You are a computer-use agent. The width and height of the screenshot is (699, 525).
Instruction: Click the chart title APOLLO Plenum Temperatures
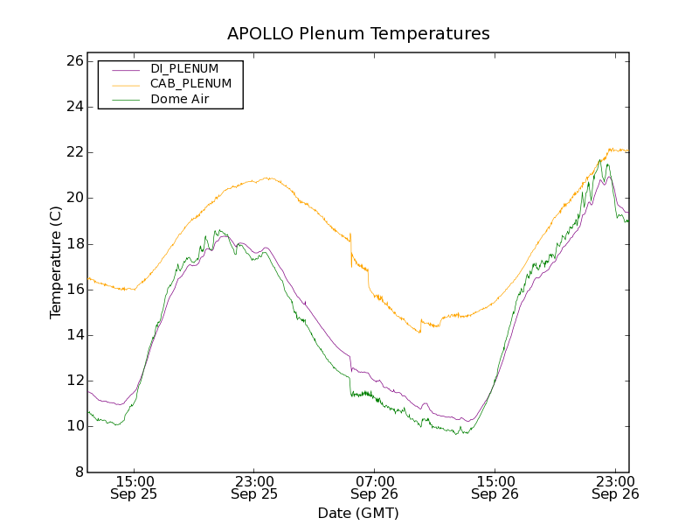tap(358, 34)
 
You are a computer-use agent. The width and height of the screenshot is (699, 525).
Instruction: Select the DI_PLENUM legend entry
tap(184, 68)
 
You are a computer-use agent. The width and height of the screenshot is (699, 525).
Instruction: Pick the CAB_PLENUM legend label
tap(190, 84)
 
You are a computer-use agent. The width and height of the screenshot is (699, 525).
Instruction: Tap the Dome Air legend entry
tap(180, 100)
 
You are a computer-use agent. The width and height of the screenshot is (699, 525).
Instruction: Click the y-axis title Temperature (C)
tap(56, 262)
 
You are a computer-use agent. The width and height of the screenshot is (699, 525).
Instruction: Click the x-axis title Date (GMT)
tap(358, 513)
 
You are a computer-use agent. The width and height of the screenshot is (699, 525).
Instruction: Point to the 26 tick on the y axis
tap(73, 61)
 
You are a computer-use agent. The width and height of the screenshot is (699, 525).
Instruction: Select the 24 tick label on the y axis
tap(73, 107)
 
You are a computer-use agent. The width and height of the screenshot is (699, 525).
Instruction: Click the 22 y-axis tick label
tap(73, 152)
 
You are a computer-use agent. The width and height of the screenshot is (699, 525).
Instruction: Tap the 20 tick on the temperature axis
tap(73, 198)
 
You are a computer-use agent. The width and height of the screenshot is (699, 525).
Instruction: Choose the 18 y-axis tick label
tap(73, 244)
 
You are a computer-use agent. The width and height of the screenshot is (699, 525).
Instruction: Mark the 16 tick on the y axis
tap(73, 290)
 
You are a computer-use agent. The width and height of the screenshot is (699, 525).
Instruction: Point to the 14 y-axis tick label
tap(73, 335)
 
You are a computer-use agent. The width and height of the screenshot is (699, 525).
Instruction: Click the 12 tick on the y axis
tap(73, 381)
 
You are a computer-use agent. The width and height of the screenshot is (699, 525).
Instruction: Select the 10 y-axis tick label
tap(73, 426)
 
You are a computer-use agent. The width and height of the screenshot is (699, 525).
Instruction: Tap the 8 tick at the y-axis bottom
tap(77, 472)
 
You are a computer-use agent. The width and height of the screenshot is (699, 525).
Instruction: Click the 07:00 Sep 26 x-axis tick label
tap(375, 487)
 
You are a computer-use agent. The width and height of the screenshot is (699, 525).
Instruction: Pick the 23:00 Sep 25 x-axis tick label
tap(254, 487)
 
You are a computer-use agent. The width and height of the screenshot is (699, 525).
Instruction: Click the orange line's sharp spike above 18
tap(350, 234)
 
